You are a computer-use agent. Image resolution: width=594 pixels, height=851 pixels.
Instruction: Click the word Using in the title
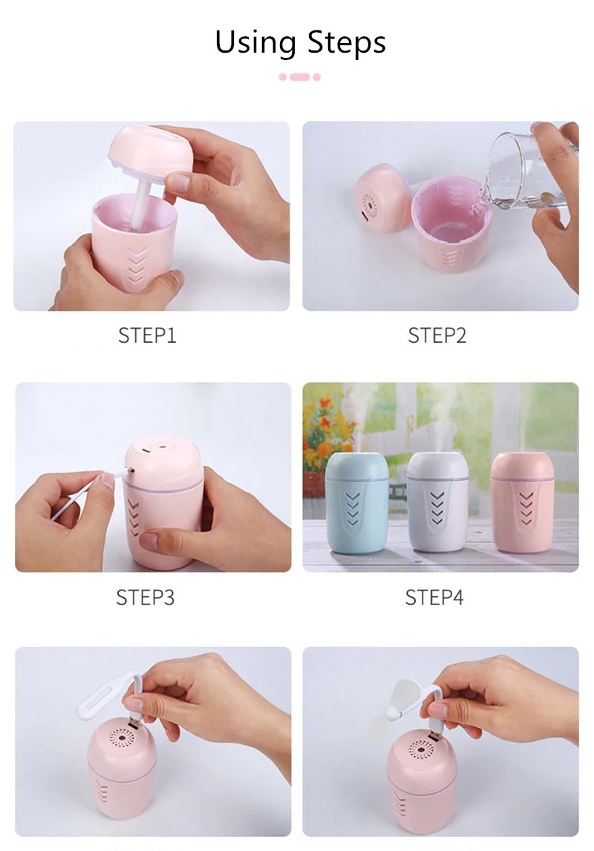[255, 44]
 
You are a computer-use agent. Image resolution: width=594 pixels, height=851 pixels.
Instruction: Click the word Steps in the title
[347, 44]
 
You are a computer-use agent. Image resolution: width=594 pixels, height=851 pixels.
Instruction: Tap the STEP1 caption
[147, 335]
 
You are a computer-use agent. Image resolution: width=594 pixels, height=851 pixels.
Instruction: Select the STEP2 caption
[437, 335]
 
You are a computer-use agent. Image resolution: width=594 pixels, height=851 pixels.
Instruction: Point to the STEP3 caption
[145, 597]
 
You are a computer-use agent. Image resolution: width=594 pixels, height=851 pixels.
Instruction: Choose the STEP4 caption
[434, 597]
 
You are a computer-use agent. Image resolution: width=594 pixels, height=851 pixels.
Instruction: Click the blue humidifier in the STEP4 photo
[356, 502]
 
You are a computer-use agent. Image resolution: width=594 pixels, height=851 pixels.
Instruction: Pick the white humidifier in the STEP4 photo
[437, 501]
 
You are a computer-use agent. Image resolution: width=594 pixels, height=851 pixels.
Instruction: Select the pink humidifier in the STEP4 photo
[522, 502]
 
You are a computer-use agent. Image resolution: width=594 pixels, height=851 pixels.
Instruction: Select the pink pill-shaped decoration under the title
[300, 77]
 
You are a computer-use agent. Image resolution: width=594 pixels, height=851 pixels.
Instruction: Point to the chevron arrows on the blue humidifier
[353, 508]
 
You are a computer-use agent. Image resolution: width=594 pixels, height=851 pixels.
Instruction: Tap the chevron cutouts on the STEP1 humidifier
[135, 266]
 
